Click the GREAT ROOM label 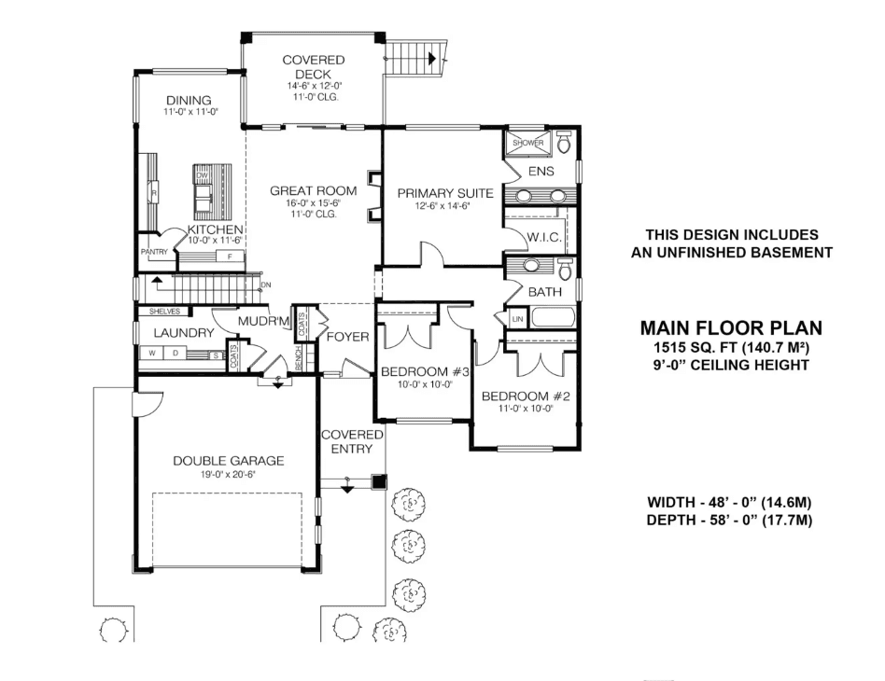click(x=301, y=191)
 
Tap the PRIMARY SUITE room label click(x=444, y=194)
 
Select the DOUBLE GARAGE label click(x=228, y=461)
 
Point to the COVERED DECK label click(x=313, y=67)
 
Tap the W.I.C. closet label click(x=542, y=238)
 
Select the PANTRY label click(x=153, y=252)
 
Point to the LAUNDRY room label click(x=184, y=333)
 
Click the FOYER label click(x=346, y=337)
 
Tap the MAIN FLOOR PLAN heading click(x=730, y=327)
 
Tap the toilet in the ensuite click(x=563, y=143)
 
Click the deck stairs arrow click(x=432, y=58)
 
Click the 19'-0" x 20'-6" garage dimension click(x=228, y=474)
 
